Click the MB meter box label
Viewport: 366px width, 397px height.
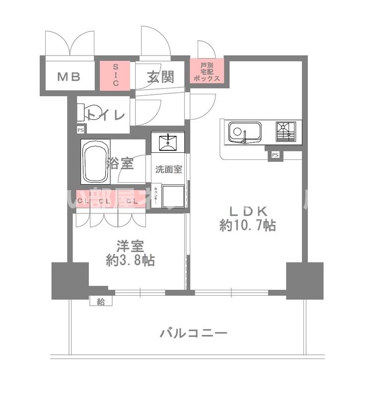[68, 77]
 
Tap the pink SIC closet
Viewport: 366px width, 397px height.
[115, 75]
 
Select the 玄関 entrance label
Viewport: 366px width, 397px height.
[160, 77]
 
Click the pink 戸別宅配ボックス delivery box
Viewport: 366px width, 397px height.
[206, 72]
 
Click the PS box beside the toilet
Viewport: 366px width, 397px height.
[80, 130]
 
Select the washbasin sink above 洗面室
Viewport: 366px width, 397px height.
[168, 141]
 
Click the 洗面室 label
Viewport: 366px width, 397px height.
[168, 169]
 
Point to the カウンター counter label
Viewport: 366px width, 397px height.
[156, 195]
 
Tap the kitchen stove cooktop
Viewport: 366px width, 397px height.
[286, 132]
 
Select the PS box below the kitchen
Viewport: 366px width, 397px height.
[275, 155]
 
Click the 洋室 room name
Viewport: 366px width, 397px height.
[130, 246]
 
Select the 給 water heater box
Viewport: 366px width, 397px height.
[101, 301]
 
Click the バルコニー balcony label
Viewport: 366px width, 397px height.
[194, 333]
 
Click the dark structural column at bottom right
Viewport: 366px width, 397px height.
[304, 280]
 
